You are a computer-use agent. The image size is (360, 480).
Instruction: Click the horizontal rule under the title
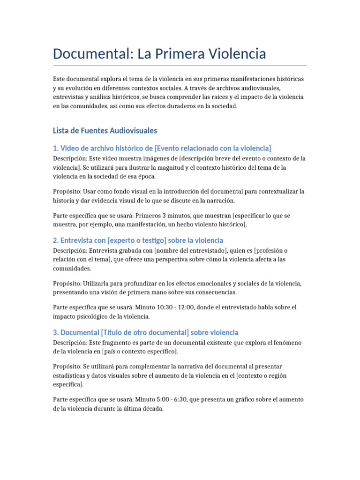tap(180, 66)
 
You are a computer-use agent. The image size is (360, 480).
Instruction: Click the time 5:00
tap(164, 399)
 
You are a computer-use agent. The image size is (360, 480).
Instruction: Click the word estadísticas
tap(70, 375)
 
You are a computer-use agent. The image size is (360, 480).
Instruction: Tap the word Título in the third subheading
tap(114, 332)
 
